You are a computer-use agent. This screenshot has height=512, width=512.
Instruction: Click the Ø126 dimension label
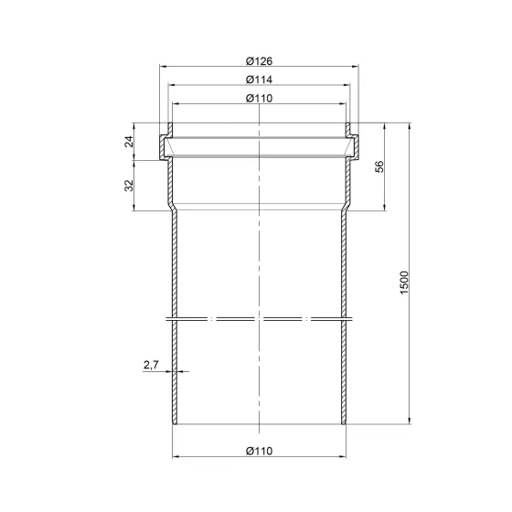(259, 61)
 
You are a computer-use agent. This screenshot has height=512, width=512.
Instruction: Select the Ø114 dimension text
(259, 80)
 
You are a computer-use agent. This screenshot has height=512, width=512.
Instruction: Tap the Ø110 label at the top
(259, 98)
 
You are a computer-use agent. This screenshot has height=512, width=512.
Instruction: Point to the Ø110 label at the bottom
(259, 451)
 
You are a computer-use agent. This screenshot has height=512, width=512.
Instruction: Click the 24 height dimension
(130, 142)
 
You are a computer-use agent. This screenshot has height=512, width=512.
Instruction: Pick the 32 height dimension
(130, 185)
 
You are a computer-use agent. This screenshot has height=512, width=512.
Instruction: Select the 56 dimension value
(379, 166)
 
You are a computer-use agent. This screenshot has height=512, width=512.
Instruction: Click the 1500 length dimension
(404, 283)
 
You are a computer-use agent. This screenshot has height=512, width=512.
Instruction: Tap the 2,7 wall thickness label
(151, 365)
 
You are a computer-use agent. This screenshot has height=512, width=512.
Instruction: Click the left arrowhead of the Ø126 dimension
(163, 66)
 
